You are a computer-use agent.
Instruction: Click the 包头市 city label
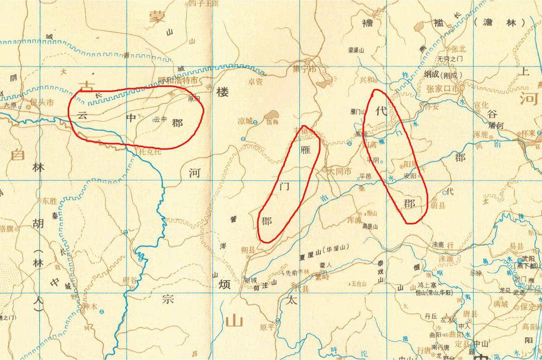coord(43,102)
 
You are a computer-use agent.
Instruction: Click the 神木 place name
coord(89,306)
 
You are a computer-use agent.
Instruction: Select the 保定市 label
coord(528,306)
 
